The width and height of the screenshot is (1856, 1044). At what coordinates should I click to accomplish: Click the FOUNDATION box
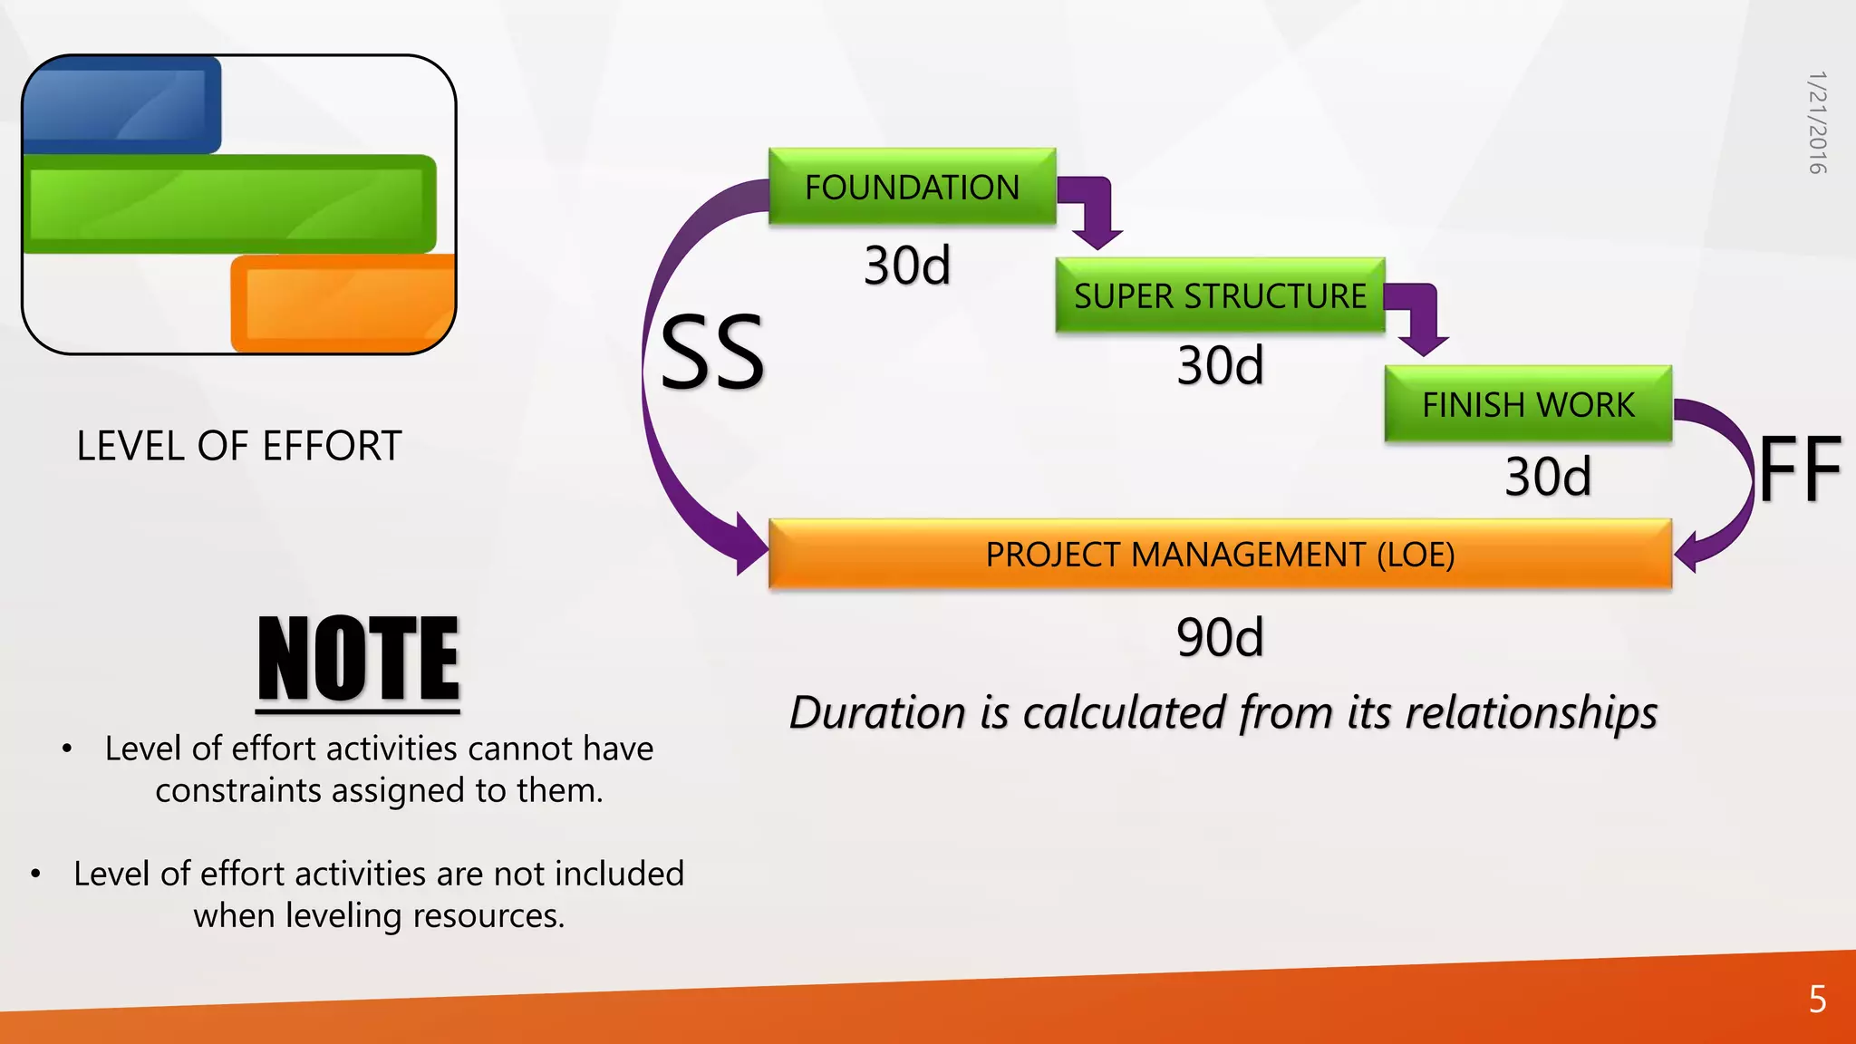coord(912,187)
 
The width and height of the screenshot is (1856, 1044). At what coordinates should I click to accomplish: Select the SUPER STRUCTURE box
coord(1220,295)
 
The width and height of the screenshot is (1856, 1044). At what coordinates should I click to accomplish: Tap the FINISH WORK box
coord(1528,404)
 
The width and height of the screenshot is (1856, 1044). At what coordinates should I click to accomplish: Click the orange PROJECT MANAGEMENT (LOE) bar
coord(1220,554)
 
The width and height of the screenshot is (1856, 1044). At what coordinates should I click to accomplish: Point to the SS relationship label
coord(712,353)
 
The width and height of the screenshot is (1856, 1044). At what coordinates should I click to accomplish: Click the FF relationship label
coord(1800,469)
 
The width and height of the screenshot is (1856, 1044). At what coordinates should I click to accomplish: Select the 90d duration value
coord(1220,637)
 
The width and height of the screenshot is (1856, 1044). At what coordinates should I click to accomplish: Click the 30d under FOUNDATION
coord(907,266)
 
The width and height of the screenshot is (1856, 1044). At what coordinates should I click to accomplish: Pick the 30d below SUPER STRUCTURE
coord(1220,365)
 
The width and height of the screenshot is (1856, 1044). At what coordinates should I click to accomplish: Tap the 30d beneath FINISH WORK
coord(1548,477)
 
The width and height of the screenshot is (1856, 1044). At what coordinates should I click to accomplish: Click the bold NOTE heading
coord(359,658)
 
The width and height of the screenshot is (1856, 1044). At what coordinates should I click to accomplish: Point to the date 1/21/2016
coord(1816,122)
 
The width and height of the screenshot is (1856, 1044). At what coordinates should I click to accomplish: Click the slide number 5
coord(1817,999)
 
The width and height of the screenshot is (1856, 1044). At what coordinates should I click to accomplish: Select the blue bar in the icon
coord(121,105)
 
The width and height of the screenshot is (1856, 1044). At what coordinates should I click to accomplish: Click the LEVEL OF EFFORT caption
coord(239,446)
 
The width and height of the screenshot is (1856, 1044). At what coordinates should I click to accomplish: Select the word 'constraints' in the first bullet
coord(238,790)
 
